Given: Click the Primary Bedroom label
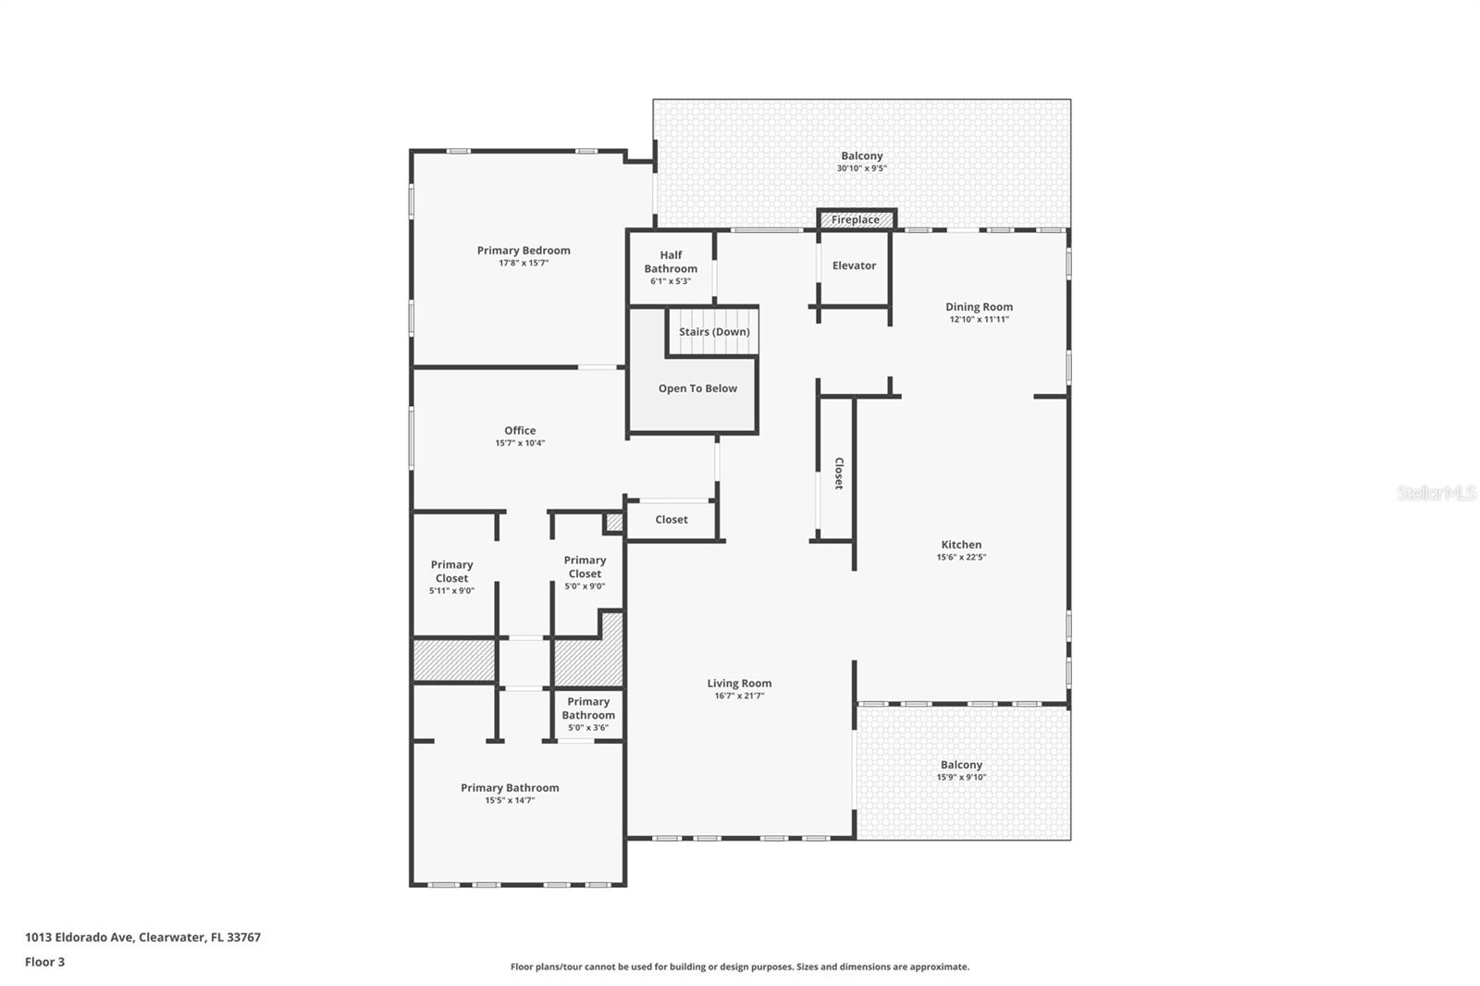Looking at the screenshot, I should tap(524, 251).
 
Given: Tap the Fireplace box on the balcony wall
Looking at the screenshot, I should tap(856, 220).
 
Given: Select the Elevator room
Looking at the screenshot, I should tap(854, 266).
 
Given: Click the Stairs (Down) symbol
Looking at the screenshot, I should tap(713, 332).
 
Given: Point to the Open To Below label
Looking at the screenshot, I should tap(697, 388).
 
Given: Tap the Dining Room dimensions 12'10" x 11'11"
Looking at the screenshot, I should tap(979, 319).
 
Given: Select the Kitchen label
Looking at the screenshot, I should tap(961, 545).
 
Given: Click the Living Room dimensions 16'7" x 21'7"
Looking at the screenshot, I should tap(739, 696).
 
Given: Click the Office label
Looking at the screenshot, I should tap(520, 431).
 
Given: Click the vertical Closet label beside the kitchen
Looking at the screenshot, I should tap(838, 473).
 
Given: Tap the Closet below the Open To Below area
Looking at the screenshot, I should tap(672, 520).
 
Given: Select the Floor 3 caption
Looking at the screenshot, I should tap(44, 962).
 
